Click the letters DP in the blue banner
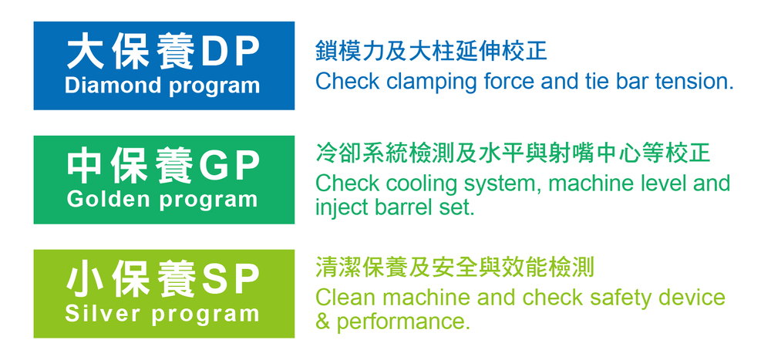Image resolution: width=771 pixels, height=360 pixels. click(x=230, y=52)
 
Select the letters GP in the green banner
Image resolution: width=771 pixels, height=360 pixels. click(x=229, y=167)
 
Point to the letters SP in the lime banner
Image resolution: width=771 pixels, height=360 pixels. click(x=230, y=281)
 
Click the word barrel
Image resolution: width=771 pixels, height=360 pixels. click(x=401, y=207)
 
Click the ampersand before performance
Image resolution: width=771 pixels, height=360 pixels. click(x=322, y=321)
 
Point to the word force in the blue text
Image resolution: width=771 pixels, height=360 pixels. click(x=496, y=82)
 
